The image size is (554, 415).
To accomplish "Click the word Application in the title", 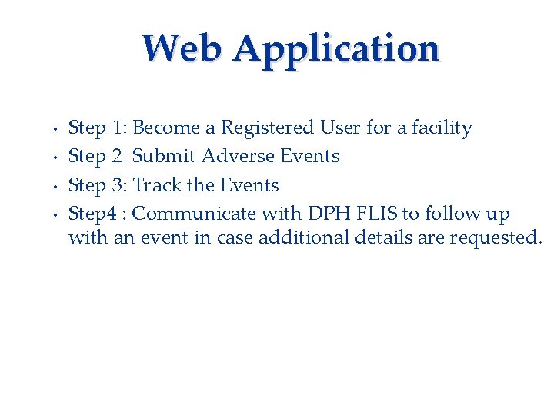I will [x=336, y=50].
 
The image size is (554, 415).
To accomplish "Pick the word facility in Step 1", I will [x=442, y=128].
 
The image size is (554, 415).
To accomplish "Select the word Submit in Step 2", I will [x=164, y=156].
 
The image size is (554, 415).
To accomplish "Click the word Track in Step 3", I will [x=158, y=185].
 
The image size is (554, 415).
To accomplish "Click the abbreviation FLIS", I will [x=378, y=214].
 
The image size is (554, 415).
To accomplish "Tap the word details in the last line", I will [x=385, y=237].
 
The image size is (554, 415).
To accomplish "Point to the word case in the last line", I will [x=235, y=237].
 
